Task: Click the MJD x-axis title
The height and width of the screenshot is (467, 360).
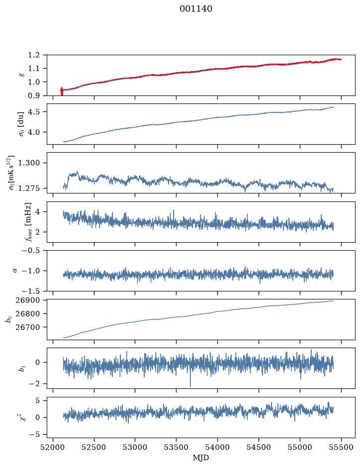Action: pos(201,458)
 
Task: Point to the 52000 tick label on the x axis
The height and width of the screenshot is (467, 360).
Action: pos(53,447)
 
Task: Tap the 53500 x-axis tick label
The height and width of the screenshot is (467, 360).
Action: pos(177,447)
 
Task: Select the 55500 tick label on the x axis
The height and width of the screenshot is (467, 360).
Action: pos(341,447)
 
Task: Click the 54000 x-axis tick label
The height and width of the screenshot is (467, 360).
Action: pos(217,447)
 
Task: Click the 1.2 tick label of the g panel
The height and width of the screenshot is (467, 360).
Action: pos(34,55)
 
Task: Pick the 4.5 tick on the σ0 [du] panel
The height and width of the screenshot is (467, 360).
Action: pos(34,112)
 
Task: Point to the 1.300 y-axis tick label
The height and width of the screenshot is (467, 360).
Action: pos(29,163)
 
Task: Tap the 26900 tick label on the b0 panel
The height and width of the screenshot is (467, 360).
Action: pos(27,300)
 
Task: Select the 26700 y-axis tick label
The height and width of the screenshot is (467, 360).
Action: pos(27,327)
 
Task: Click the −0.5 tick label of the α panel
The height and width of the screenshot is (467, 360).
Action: pos(31,250)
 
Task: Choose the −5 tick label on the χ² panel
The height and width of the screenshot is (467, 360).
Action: pos(34,435)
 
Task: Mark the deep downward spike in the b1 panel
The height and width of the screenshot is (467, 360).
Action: pos(190,380)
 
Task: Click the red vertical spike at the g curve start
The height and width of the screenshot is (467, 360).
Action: pos(62,91)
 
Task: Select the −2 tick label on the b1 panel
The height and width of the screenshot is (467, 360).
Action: pos(34,384)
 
